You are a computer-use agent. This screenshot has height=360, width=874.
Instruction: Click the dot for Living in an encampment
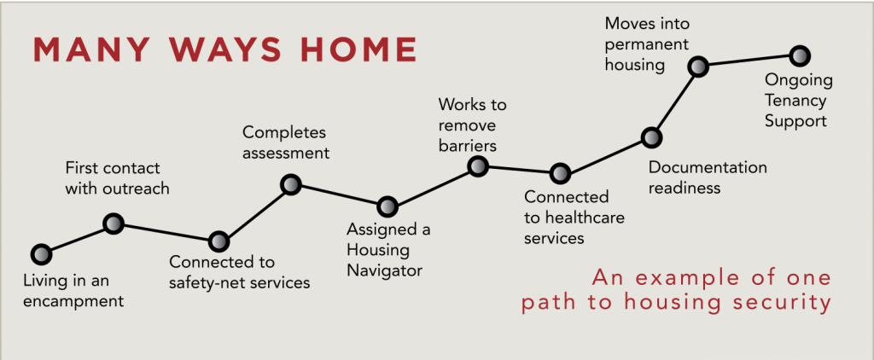coord(41,254)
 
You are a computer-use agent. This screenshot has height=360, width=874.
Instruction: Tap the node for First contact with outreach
coord(114,224)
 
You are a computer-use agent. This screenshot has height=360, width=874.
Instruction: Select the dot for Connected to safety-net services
coord(218,241)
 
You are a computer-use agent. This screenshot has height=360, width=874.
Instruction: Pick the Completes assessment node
coord(291,184)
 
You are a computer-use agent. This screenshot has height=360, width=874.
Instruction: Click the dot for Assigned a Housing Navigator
coord(387,206)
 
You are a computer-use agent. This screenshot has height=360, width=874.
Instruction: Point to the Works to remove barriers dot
coord(478,165)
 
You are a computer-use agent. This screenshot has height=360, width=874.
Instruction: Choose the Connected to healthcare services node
coord(560,173)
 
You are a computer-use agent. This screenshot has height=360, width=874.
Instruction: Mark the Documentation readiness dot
coord(650,136)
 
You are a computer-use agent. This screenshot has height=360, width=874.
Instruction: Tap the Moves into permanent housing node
coord(698,67)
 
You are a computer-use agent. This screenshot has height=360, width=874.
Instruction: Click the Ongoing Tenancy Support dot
coord(800,55)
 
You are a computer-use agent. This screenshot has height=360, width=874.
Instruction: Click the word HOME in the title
coord(359,49)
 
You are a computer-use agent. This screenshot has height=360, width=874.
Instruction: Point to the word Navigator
coord(385,270)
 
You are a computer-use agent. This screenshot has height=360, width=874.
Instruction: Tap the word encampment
coord(73,301)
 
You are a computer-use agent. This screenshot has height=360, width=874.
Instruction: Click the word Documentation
coord(708,167)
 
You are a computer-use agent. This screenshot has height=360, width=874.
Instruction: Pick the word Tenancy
coord(795,101)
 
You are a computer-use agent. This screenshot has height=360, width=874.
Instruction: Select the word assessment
coord(286,153)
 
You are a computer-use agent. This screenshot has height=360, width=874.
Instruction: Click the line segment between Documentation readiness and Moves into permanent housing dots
coord(674,102)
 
